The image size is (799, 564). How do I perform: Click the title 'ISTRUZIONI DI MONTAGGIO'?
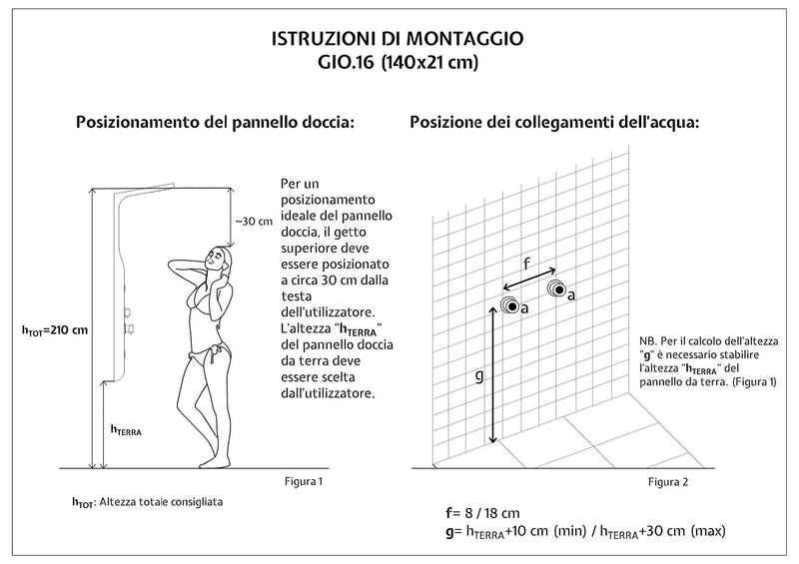pos(397,40)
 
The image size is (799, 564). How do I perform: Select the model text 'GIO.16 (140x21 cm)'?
pos(397,66)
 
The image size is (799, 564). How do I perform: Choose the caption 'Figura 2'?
pos(668,482)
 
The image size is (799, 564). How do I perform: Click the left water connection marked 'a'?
pos(509,305)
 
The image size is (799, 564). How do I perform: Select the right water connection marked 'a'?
pos(556,289)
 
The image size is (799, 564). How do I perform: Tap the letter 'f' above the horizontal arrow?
pos(526,265)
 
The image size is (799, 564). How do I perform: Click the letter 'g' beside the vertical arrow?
pos(478,375)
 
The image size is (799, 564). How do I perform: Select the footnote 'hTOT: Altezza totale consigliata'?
pos(147,501)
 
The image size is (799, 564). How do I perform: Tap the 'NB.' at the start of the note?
pos(648,340)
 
